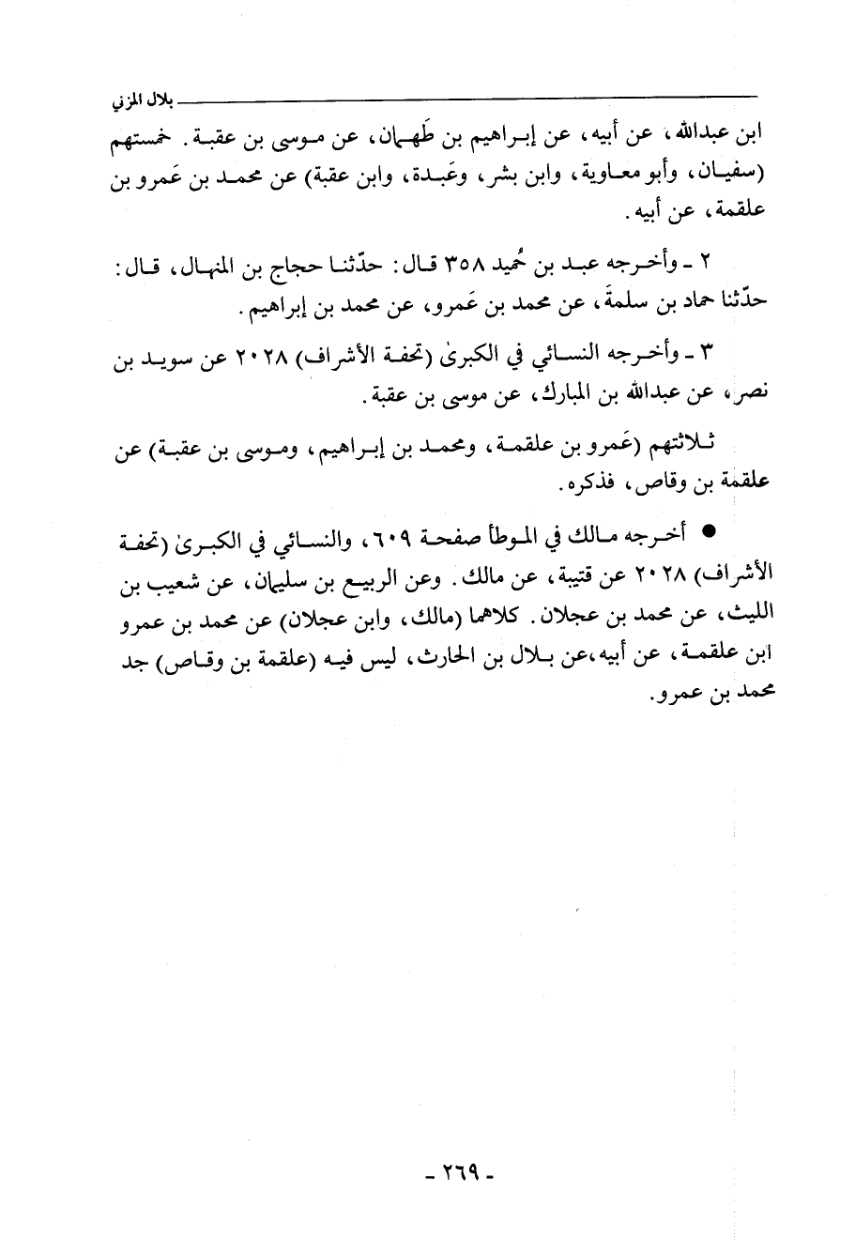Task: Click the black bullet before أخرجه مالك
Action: (x=708, y=533)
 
